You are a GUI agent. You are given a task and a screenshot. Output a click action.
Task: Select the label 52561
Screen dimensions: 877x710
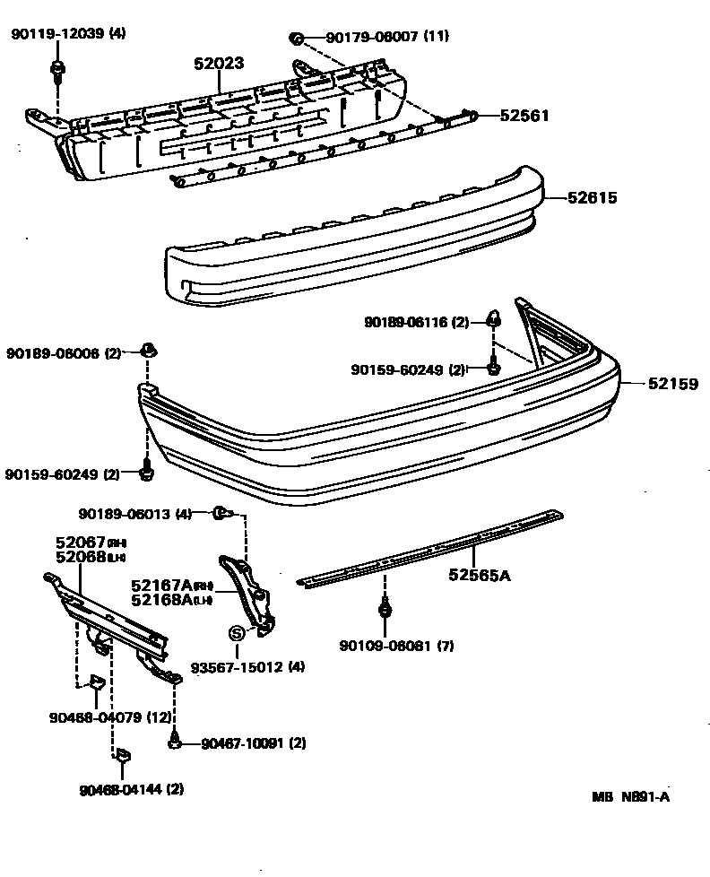(x=524, y=116)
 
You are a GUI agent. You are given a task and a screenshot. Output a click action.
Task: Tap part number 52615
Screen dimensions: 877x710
(x=593, y=197)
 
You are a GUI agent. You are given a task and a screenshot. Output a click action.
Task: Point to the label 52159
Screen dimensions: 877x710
(x=672, y=384)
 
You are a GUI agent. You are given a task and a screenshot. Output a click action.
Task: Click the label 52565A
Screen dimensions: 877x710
(x=480, y=575)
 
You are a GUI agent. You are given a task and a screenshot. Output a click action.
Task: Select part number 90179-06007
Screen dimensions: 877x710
(x=375, y=37)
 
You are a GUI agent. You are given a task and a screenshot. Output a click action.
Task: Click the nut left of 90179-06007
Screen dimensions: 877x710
(x=295, y=38)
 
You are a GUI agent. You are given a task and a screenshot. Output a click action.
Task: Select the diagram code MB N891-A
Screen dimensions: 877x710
(x=630, y=797)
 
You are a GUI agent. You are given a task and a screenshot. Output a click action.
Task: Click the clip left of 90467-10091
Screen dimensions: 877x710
(x=176, y=742)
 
